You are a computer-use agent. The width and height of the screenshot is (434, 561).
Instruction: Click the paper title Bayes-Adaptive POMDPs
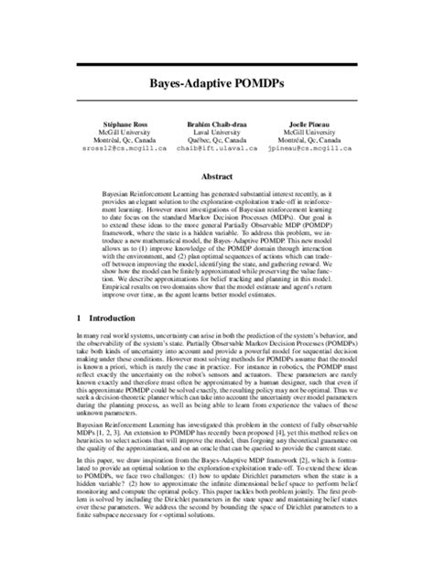pos(216,81)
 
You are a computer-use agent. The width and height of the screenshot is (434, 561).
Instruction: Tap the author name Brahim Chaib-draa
pos(217,122)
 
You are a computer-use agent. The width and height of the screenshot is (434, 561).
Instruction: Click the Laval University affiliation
pos(217,129)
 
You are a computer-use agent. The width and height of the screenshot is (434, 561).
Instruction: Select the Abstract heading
pos(216,171)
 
